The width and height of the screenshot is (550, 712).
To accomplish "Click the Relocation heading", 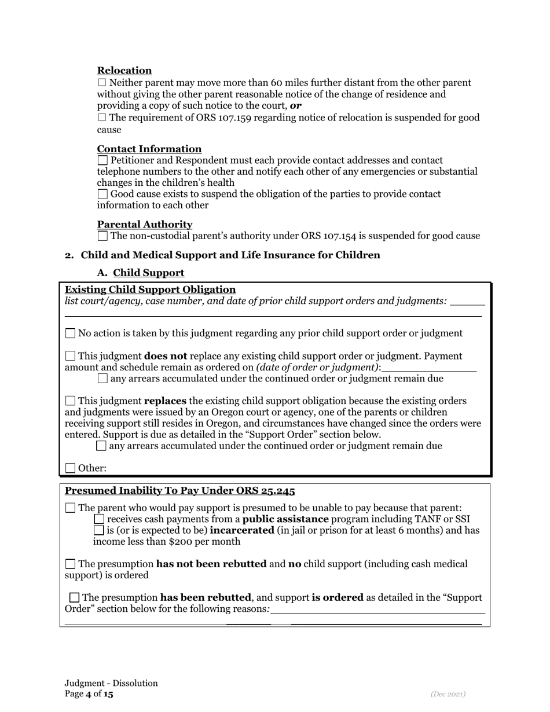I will pos(124,71).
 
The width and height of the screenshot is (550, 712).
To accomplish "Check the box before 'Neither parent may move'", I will pos(102,83).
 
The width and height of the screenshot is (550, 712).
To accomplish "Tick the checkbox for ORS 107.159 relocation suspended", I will pos(102,118).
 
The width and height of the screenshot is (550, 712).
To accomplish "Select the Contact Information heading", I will pos(149,149).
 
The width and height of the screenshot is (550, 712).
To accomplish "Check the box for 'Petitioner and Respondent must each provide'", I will pos(102,160).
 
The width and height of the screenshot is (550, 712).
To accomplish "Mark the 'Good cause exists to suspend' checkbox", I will pos(102,194).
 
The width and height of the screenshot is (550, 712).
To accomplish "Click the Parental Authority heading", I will pos(145,224).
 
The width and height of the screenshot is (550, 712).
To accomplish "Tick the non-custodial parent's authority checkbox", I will pos(102,236).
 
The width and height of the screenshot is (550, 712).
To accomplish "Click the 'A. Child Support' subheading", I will pos(148,273).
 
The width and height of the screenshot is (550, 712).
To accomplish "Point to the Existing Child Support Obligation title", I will pos(150,289).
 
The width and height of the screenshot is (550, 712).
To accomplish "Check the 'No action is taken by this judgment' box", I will pos(70,333).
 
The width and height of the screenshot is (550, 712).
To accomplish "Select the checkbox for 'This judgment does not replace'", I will pos(70,356).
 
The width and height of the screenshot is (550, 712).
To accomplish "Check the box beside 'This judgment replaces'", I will pos(70,401).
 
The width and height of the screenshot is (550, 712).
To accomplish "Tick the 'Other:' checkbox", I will pos(70,468).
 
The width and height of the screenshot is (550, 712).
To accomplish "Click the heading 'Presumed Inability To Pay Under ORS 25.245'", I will pos(179,491).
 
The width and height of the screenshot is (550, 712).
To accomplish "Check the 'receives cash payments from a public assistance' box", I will pos(99,519).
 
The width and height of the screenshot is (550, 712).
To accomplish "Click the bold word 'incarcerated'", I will pos(241,530).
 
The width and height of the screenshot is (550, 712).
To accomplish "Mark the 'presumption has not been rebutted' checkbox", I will pos(70,564).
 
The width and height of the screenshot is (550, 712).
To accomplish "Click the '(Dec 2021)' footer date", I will pos(448,694).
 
